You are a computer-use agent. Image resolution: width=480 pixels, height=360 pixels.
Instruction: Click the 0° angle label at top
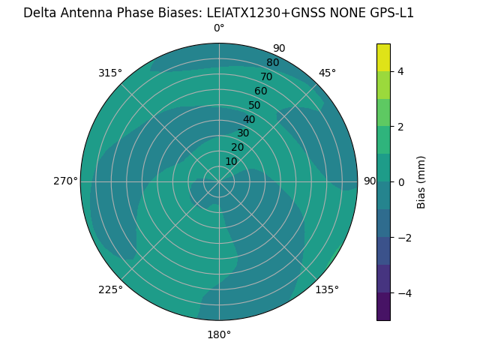coord(219,28)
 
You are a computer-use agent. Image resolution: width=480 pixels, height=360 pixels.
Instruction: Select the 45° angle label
coord(327,73)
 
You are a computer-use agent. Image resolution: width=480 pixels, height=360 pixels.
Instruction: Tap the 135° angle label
coord(327,289)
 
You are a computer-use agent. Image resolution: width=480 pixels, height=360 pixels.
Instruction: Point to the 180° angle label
coord(219,334)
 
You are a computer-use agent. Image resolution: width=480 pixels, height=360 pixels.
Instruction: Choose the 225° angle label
coord(110,289)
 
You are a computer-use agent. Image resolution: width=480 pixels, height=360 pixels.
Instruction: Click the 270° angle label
coord(65,181)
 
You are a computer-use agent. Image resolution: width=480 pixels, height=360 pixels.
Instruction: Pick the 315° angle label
coord(110,73)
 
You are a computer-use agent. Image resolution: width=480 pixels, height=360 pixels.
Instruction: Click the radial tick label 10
coord(231,161)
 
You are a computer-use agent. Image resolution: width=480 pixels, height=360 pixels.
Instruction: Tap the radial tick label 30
coord(243,133)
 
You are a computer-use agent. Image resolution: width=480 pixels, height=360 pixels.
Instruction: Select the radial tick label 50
coord(254,105)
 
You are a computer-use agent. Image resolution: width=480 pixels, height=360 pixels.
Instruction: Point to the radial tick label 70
coord(266,76)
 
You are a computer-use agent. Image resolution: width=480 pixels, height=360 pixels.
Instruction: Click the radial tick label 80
coord(272,62)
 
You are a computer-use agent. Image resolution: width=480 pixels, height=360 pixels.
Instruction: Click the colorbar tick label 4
coord(400,71)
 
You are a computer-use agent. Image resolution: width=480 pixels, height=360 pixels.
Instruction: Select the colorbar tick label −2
coord(403,238)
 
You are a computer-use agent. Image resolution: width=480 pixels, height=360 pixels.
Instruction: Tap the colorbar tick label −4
coord(403,293)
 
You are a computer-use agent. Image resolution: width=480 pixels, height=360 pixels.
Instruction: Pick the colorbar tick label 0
coord(400,182)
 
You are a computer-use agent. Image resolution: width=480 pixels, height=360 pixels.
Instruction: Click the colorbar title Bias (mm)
coord(421,182)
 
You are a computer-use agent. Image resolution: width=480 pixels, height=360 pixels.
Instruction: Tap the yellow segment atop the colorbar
coord(383,58)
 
